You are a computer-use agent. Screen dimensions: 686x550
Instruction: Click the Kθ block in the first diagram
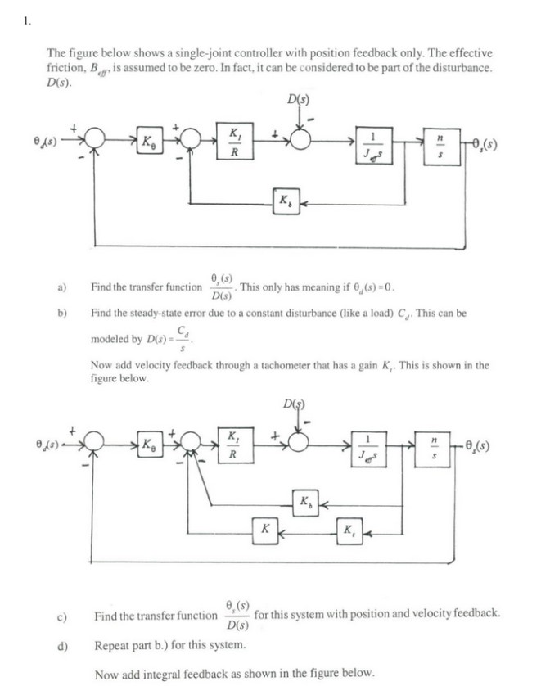point(150,141)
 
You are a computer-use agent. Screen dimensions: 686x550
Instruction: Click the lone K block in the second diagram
point(264,529)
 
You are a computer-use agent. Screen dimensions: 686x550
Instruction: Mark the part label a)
point(61,287)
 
